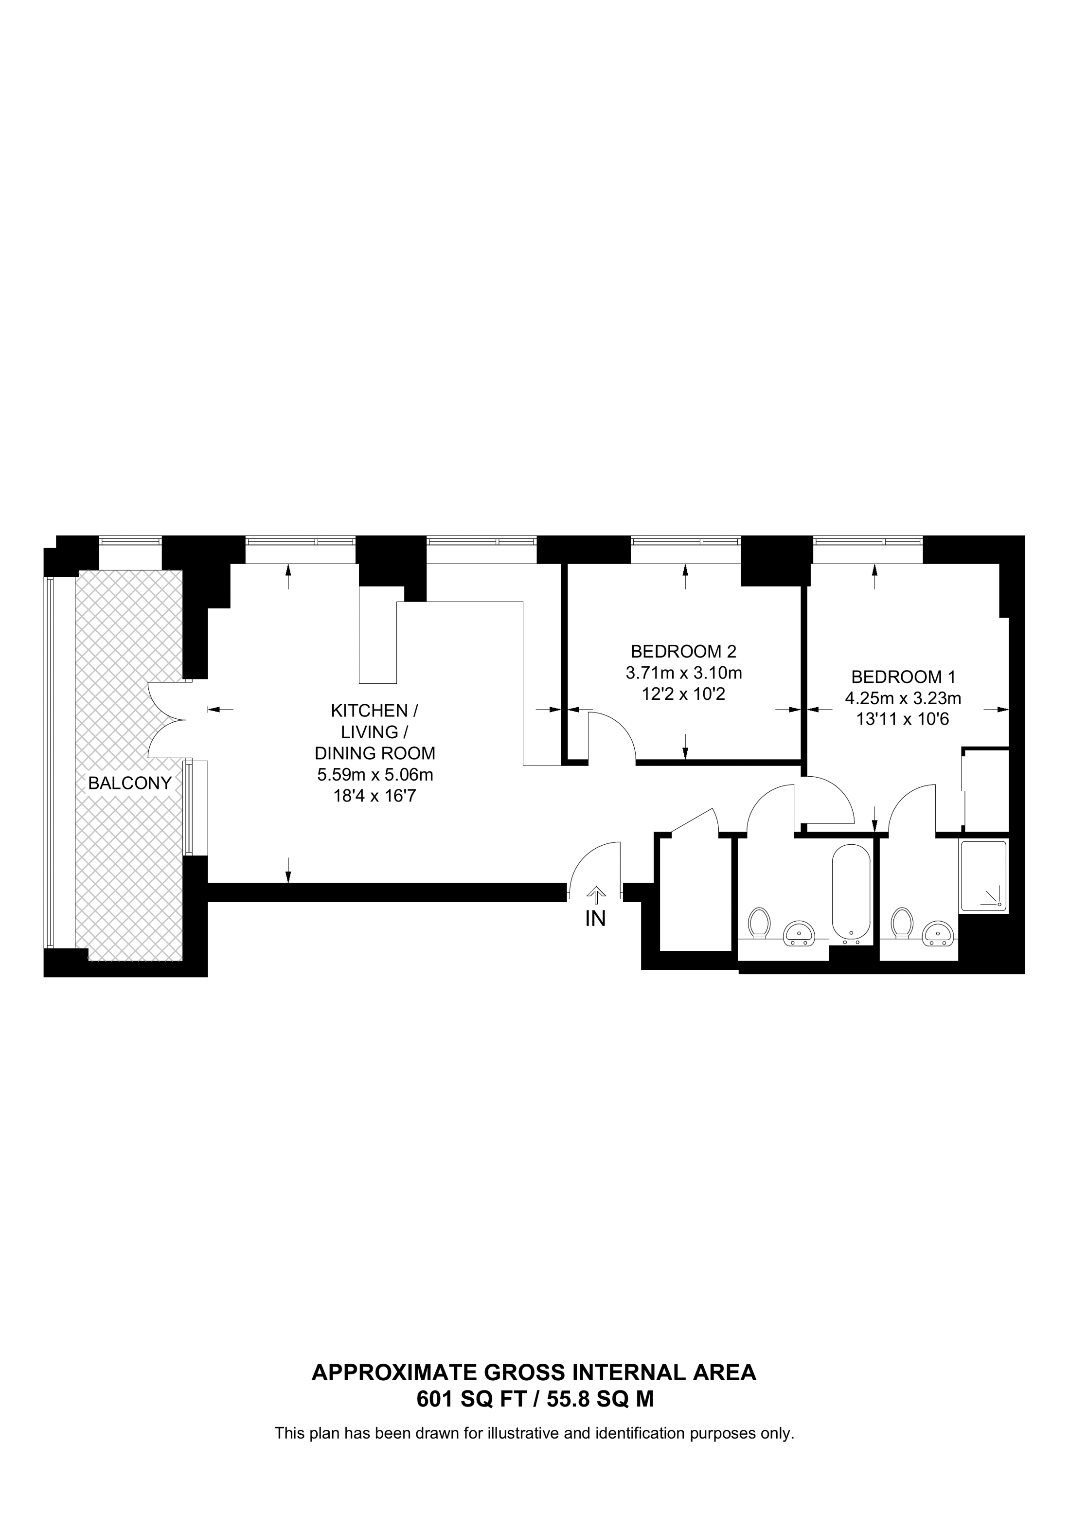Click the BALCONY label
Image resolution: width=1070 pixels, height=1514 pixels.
pos(130,784)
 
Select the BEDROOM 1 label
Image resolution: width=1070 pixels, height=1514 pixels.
pos(903,677)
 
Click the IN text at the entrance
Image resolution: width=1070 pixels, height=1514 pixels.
pos(595,919)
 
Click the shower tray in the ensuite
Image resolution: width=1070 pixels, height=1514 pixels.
pos(983,876)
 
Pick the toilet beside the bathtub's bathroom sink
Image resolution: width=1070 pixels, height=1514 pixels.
pos(760,922)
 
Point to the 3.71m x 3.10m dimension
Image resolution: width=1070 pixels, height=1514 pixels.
pos(684,673)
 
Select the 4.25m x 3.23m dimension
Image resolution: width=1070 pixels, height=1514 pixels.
pos(903,697)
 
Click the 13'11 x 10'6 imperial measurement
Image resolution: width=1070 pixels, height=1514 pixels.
pos(903,719)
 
